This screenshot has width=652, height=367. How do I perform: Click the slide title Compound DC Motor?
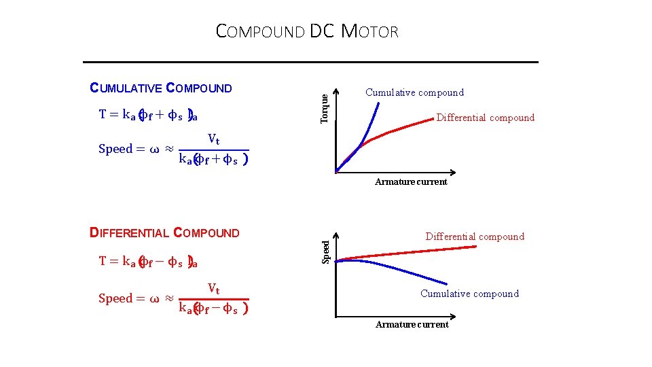tap(307, 31)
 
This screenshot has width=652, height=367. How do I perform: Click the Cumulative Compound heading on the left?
tap(162, 88)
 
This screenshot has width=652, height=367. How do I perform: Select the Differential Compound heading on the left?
tap(165, 233)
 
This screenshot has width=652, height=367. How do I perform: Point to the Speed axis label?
tap(326, 250)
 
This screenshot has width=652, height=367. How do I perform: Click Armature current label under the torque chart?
tap(411, 182)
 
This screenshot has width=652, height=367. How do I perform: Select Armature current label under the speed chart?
tap(412, 325)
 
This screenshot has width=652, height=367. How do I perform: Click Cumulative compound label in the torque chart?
tap(414, 92)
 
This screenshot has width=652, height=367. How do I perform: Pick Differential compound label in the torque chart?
tap(485, 118)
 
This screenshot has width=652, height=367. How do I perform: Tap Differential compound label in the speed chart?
tap(475, 237)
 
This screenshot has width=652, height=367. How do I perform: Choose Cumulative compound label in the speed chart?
tap(469, 294)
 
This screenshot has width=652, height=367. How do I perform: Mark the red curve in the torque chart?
tap(407, 126)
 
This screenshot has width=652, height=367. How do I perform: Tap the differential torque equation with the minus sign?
tap(148, 261)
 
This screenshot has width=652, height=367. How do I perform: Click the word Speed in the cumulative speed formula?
tap(115, 150)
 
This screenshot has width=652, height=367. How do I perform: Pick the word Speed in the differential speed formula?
tap(115, 298)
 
